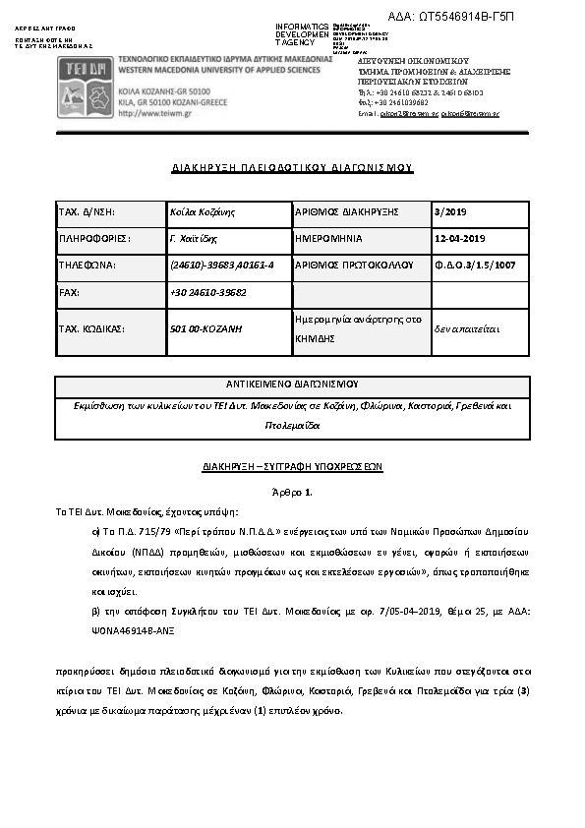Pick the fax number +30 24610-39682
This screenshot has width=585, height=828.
coord(208,293)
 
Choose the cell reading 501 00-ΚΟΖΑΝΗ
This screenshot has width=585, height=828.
coord(206,328)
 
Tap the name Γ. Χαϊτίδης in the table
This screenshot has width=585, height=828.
coord(194,238)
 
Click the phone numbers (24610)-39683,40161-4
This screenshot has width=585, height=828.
coord(222,266)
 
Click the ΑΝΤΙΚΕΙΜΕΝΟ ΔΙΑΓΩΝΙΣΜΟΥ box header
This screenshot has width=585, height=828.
coord(292,384)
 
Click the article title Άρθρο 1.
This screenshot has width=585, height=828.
coord(292,491)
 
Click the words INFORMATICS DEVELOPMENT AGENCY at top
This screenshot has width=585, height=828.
coord(302,33)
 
